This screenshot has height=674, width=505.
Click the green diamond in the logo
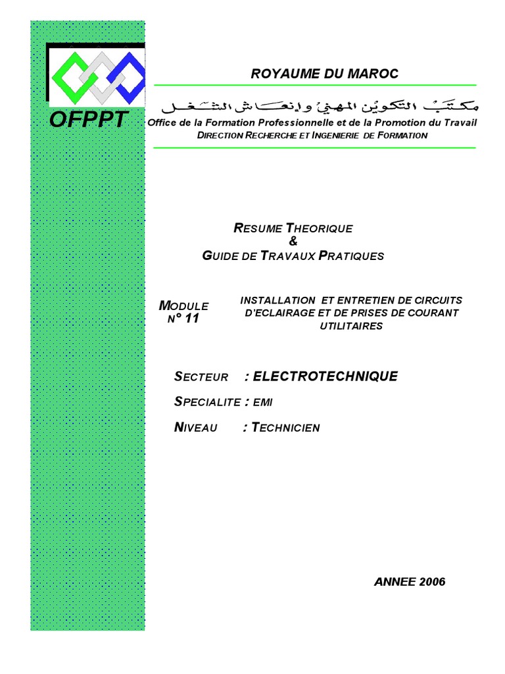[70, 73]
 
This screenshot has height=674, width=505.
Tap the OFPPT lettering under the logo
[89, 118]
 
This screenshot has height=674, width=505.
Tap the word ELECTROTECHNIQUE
[325, 376]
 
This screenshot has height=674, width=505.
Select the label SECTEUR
[201, 377]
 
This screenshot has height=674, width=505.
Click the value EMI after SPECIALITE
[262, 402]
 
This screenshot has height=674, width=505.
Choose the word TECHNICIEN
[285, 428]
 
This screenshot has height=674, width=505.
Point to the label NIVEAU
[195, 428]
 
